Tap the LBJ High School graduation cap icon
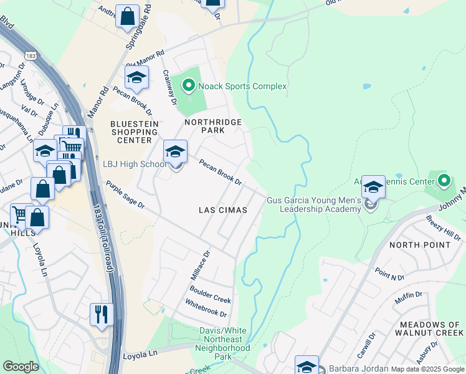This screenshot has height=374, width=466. click(175, 152)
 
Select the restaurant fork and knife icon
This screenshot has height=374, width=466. click(101, 314)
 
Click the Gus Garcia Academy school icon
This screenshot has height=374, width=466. click(373, 187)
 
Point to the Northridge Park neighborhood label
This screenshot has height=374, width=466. click(212, 127)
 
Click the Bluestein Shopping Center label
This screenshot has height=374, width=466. click(131, 132)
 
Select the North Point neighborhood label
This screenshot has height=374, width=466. click(419, 245)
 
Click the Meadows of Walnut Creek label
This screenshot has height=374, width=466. click(430, 329)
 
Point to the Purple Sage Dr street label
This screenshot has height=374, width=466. click(125, 195)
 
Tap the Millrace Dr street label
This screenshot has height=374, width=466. click(201, 265)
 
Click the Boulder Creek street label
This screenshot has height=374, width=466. click(210, 294)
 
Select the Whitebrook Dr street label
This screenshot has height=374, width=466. click(206, 309)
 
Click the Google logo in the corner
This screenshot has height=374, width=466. click(21, 367)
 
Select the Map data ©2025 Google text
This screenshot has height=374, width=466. click(427, 369)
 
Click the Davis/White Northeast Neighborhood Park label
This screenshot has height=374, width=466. click(223, 343)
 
